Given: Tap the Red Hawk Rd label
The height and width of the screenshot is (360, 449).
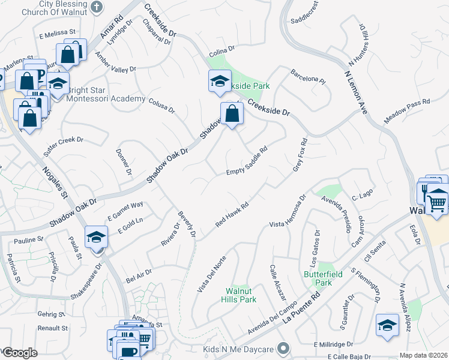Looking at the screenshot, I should (x=232, y=214).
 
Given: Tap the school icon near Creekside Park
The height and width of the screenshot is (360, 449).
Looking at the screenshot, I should (x=220, y=81).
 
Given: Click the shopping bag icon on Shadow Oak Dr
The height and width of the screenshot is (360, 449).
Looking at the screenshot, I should (x=231, y=113).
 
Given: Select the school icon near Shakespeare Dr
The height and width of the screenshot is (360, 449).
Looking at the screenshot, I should (x=96, y=237).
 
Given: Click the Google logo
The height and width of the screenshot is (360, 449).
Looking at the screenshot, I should (x=20, y=353).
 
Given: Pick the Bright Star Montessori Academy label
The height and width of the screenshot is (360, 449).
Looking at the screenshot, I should (x=106, y=94).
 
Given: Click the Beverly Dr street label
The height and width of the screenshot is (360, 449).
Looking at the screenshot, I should (x=186, y=223).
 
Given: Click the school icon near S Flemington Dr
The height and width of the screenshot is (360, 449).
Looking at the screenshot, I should (x=387, y=325).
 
